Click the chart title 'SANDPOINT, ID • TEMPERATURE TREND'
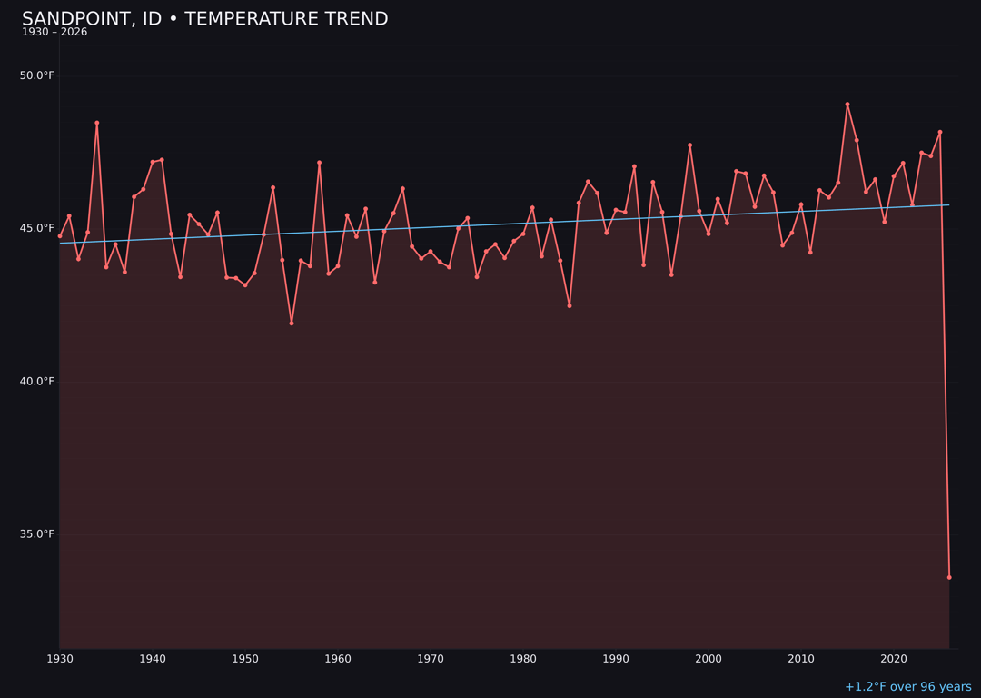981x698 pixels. click(x=204, y=19)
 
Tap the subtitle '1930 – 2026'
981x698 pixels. click(x=54, y=33)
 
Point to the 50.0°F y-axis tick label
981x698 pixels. click(x=37, y=75)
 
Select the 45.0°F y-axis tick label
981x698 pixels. click(x=37, y=228)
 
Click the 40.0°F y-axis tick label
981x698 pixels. click(x=37, y=381)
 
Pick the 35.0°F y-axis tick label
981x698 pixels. click(x=37, y=533)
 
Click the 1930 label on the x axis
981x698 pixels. click(x=60, y=659)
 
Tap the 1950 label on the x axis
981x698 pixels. click(x=245, y=659)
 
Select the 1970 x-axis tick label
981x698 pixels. click(x=431, y=659)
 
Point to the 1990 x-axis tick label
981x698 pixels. click(x=616, y=659)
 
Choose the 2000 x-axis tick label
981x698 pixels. click(x=708, y=659)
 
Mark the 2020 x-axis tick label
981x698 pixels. click(x=894, y=659)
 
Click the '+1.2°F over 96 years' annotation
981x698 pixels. click(x=907, y=687)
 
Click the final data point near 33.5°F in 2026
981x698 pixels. click(x=949, y=577)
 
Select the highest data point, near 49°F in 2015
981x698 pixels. click(x=847, y=105)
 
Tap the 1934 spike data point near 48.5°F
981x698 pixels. click(x=97, y=123)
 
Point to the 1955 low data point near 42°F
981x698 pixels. click(x=292, y=324)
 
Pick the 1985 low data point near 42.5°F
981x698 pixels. click(x=570, y=305)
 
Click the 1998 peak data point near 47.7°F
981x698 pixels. click(x=689, y=145)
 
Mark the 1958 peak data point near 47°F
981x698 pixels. click(x=319, y=163)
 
